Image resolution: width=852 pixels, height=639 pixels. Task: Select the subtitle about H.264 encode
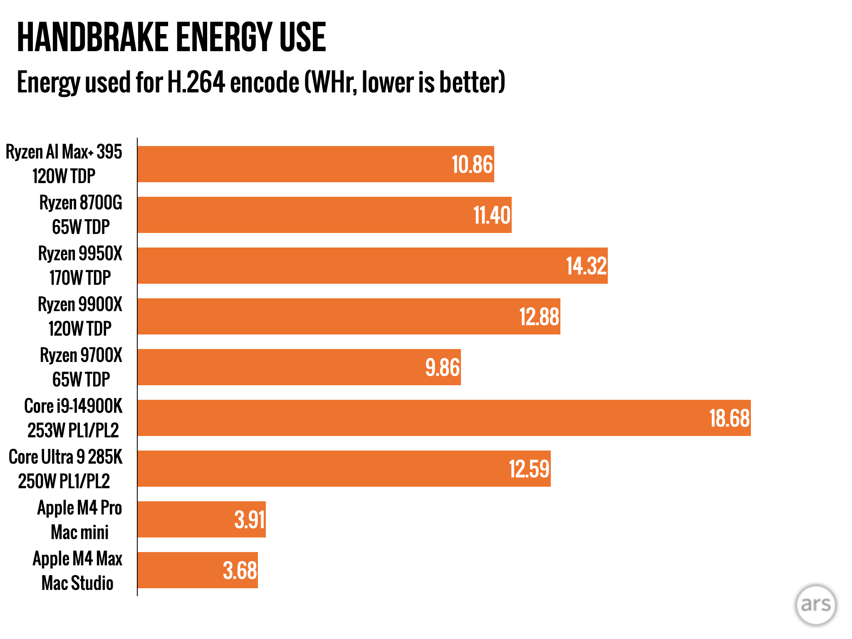coord(261,82)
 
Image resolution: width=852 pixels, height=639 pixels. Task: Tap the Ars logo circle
coord(815,605)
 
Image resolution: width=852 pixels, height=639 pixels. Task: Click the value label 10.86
coord(472,164)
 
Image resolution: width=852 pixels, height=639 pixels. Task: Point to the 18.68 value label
coord(729,418)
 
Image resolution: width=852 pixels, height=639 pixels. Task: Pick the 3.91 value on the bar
coord(250,520)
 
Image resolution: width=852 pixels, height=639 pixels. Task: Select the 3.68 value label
coord(240,570)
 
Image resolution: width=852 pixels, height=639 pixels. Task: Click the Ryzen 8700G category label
coord(81,215)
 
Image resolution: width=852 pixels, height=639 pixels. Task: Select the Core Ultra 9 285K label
coord(65,469)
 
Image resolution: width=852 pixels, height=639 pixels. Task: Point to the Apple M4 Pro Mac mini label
coord(79,520)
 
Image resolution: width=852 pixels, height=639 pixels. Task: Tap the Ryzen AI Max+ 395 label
coord(64,164)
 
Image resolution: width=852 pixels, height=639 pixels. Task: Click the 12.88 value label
coord(539,317)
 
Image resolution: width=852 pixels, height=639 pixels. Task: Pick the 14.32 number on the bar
coord(587,266)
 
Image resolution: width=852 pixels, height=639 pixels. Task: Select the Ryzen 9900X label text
coord(80,316)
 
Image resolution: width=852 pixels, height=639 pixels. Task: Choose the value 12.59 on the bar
coord(529,469)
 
